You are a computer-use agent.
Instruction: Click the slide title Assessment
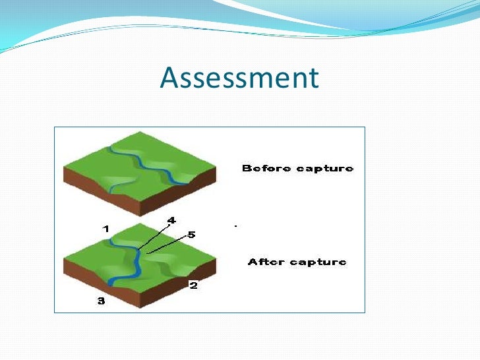click(x=239, y=78)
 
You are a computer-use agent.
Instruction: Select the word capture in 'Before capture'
click(x=324, y=169)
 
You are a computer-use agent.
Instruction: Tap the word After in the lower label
click(x=266, y=262)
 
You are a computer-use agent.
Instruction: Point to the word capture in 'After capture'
click(x=318, y=262)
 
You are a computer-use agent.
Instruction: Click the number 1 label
click(x=105, y=229)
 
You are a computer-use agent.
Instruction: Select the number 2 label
click(x=193, y=285)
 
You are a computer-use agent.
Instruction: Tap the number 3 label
click(x=100, y=301)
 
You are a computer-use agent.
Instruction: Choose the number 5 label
click(x=192, y=234)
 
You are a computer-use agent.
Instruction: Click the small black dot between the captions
click(x=235, y=226)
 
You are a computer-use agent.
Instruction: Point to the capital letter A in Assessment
click(x=169, y=78)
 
